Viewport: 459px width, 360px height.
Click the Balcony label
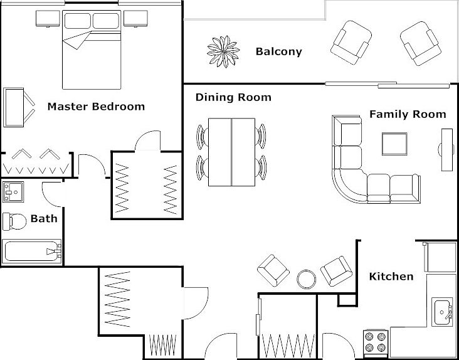coord(278,51)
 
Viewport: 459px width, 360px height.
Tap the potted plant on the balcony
coord(223,51)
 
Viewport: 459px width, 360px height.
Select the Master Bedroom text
coord(96,106)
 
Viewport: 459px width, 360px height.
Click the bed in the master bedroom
coord(92,50)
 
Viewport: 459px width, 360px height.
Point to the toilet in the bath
coord(14,221)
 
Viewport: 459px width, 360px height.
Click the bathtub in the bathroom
coord(31,251)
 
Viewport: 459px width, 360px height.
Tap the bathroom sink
coord(13,192)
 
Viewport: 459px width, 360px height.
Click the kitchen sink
coord(443,312)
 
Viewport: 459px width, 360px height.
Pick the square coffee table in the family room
coord(394,144)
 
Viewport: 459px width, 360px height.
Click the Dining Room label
coord(233,97)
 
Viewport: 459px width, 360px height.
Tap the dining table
coord(231,152)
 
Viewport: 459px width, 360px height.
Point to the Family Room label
coord(408,114)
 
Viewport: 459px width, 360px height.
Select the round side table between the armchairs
coord(306,279)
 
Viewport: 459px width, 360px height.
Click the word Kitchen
coord(391,277)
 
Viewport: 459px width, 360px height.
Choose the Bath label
coord(44,218)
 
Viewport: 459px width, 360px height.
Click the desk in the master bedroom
coord(13,107)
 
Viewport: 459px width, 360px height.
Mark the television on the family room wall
coord(446,149)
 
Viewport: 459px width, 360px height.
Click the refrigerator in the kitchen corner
coord(440,257)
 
